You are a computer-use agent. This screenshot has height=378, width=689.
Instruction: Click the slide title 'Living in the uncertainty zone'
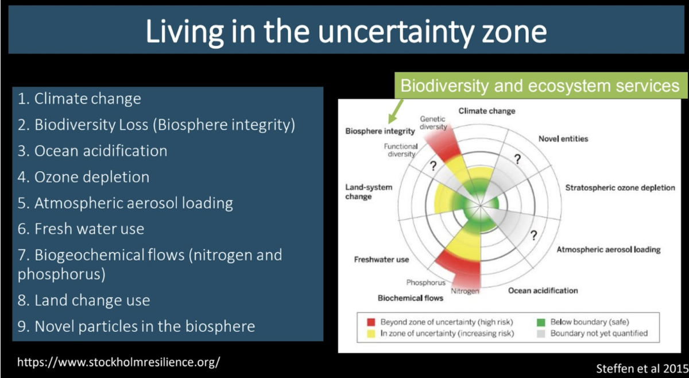pos(346,32)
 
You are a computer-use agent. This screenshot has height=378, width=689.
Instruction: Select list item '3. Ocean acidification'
pos(92,151)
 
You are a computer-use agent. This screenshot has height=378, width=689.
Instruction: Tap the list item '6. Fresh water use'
pos(80,229)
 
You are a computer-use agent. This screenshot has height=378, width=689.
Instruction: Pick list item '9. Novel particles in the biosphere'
pos(136,326)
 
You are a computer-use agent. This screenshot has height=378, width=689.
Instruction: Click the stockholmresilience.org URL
pos(118,362)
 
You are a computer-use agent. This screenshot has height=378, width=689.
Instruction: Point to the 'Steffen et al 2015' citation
pos(642,368)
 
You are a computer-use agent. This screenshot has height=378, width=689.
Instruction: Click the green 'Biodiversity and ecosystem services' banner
pos(540,85)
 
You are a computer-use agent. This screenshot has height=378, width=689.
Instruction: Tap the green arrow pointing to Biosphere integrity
pos(396,111)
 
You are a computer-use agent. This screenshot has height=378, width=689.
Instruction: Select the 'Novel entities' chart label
pos(563,139)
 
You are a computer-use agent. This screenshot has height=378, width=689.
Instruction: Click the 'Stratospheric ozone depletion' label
pos(620,188)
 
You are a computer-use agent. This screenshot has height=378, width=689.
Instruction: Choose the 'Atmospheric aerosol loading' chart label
pos(609,249)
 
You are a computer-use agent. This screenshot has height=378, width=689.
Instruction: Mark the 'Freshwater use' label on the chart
pos(381,260)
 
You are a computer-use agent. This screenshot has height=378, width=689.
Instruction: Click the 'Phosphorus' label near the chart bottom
pos(425,283)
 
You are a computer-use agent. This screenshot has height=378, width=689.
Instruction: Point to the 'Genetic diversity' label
pos(433,123)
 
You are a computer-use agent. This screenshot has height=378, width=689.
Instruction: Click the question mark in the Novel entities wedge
pos(518,159)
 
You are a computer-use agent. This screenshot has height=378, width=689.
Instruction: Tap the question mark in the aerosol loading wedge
pos(533,236)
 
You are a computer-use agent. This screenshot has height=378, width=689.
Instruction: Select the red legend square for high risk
pos(371,322)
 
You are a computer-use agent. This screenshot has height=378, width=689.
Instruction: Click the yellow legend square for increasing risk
pos(371,334)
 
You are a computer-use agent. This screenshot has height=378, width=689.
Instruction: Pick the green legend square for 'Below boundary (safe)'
pos(541,322)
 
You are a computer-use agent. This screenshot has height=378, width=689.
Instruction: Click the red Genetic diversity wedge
pos(445,143)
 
